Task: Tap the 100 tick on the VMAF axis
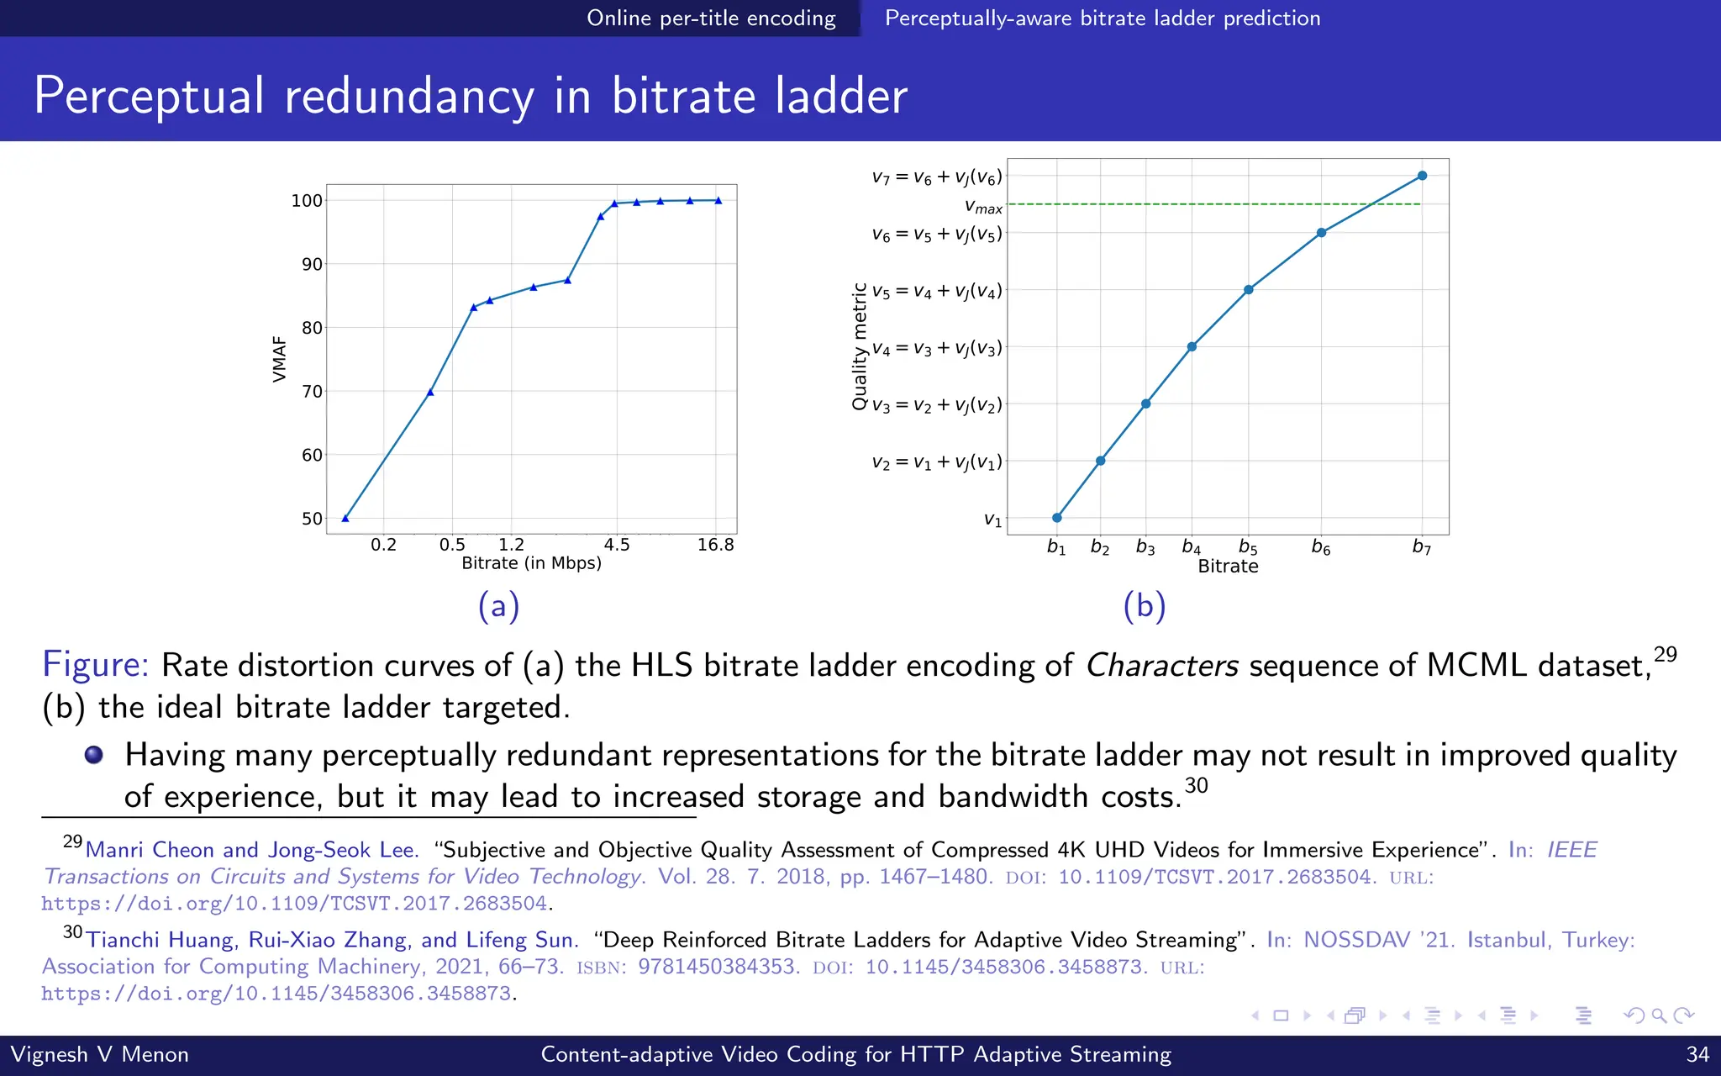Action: pos(307,201)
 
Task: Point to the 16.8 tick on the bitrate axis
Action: pos(715,545)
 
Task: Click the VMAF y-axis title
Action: pos(280,360)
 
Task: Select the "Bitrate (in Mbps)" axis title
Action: pos(531,563)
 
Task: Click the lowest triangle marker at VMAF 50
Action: pos(345,518)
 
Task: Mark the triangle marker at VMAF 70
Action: pos(430,392)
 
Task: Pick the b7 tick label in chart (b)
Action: pos(1421,547)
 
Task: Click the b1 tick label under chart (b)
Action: pos(1056,547)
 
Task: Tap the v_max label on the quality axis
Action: pos(983,206)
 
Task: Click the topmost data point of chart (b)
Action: pos(1422,176)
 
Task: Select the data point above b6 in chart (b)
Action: pos(1321,233)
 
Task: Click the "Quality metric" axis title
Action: pos(859,346)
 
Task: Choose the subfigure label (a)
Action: pos(498,605)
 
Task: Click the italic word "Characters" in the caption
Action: pos(1161,665)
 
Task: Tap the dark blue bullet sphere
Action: pos(94,754)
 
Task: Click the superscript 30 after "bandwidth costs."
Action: pos(1196,786)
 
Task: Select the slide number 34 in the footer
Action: pos(1697,1054)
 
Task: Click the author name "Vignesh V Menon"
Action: pos(99,1054)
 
